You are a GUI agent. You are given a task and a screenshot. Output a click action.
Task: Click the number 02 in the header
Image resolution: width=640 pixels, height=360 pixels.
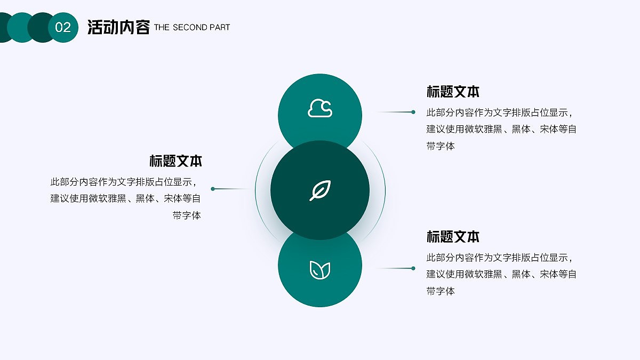tap(63, 28)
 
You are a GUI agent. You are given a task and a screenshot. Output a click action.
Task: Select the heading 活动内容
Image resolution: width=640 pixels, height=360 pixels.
tap(118, 27)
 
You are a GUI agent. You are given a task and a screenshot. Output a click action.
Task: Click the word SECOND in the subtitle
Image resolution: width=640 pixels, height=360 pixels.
tap(189, 27)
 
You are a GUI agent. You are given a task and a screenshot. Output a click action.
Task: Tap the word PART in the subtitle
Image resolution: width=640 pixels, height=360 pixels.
tap(220, 27)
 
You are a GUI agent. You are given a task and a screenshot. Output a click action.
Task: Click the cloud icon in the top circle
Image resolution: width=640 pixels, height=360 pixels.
tap(320, 108)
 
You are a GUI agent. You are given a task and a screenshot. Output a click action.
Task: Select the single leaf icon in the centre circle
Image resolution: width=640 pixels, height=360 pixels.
tap(320, 190)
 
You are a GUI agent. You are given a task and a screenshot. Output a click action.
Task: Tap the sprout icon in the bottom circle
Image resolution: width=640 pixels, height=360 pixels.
tap(320, 270)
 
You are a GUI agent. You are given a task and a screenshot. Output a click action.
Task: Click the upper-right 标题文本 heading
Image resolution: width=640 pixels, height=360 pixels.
tap(453, 92)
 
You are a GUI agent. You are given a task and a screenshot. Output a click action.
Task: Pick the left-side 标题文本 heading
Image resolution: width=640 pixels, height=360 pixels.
tap(175, 161)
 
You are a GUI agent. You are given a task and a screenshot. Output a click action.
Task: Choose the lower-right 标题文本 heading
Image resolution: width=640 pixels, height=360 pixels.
tap(453, 236)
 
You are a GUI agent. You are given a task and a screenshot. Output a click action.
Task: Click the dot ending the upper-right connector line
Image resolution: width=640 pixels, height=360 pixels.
tap(413, 112)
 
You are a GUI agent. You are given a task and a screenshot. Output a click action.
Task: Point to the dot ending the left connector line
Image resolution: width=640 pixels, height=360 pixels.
tap(213, 189)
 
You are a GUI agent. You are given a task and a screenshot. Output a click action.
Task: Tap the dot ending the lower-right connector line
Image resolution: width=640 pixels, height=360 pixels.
tap(413, 268)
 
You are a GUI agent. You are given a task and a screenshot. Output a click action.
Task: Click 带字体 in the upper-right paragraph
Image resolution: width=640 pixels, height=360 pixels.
tap(441, 146)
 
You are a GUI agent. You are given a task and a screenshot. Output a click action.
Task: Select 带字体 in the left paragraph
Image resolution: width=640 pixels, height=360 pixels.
tap(187, 216)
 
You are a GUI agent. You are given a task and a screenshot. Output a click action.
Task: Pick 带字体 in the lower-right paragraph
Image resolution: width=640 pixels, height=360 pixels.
tap(441, 291)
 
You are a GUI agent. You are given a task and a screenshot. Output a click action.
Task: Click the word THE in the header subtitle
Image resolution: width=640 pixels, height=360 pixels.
tap(162, 27)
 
